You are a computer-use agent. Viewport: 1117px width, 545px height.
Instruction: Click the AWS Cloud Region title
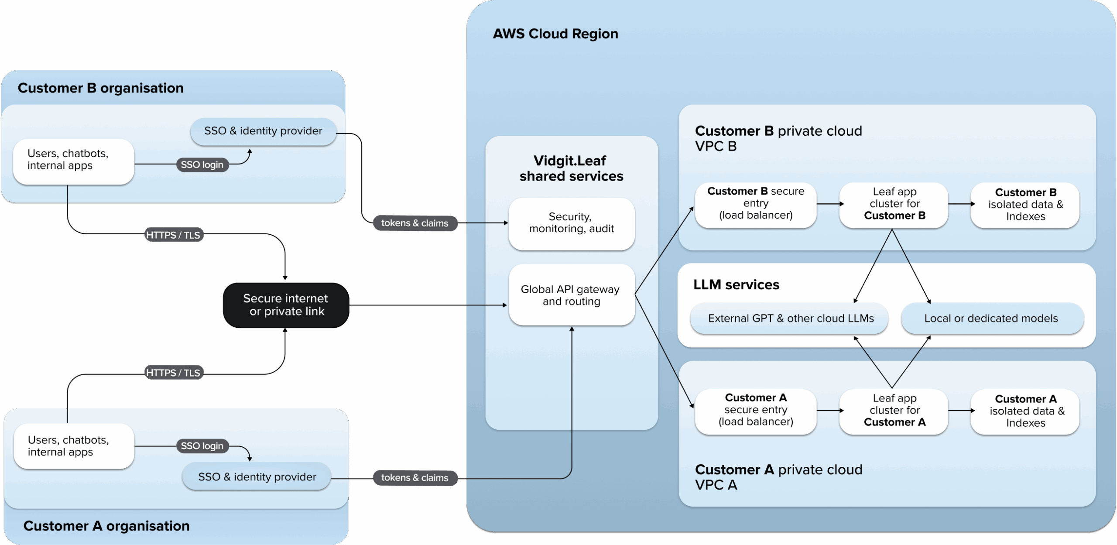[x=555, y=34]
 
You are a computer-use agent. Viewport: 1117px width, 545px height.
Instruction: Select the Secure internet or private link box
[x=286, y=305]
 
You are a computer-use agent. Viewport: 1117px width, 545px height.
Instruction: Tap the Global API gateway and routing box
[x=571, y=295]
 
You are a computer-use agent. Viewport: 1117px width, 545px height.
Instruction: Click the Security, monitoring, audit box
[x=571, y=223]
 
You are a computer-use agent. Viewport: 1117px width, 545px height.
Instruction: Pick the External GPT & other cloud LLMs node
[x=790, y=319]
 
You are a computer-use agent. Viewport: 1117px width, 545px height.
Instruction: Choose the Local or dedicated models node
[x=991, y=319]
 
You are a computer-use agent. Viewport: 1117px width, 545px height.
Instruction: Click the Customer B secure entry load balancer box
[x=755, y=204]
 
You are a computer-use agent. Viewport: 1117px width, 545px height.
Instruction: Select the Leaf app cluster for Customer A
[x=894, y=411]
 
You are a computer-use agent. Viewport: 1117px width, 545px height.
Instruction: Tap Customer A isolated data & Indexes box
[x=1025, y=411]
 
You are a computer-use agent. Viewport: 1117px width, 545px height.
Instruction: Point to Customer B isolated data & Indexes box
[x=1025, y=205]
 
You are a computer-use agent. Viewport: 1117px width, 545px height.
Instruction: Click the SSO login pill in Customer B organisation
[x=202, y=165]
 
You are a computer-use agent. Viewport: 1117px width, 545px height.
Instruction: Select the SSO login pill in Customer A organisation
[x=202, y=446]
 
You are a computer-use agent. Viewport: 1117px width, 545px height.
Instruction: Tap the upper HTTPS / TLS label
[x=173, y=235]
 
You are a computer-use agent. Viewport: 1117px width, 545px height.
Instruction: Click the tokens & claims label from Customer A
[x=415, y=478]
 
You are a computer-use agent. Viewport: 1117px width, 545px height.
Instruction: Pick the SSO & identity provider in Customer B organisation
[x=263, y=131]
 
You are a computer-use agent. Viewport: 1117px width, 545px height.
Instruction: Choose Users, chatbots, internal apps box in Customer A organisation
[x=74, y=446]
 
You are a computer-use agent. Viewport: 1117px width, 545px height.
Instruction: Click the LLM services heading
[x=736, y=285]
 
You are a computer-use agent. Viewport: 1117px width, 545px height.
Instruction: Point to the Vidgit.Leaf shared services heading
[x=571, y=168]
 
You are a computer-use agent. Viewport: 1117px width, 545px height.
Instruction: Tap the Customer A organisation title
[x=106, y=526]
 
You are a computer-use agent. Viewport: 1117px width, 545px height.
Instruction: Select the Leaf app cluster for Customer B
[x=894, y=204]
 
